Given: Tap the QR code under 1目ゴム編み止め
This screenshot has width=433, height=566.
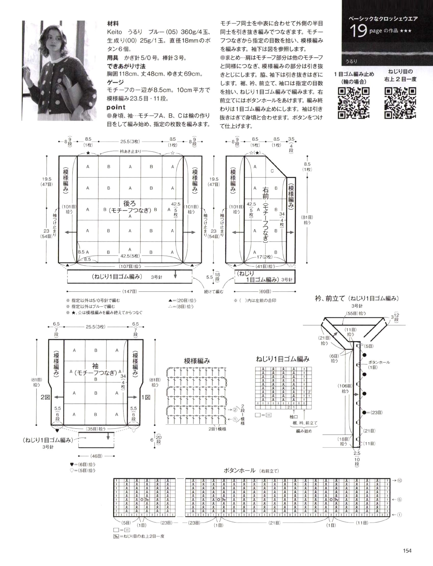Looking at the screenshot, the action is [x=354, y=103].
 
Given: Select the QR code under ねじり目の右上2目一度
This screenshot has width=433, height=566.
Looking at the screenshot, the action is [x=400, y=103].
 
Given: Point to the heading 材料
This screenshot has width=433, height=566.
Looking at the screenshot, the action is [x=113, y=24].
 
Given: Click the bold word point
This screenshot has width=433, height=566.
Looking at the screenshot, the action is [x=116, y=107].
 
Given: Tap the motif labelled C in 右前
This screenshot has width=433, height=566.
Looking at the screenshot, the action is [x=272, y=171].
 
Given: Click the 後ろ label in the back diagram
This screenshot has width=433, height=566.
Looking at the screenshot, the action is [x=130, y=203].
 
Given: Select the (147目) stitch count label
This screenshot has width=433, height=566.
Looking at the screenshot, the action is [x=130, y=291].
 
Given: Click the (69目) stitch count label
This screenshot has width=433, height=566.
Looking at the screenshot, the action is [x=265, y=291].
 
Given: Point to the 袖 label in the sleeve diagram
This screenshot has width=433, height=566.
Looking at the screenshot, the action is [x=95, y=366].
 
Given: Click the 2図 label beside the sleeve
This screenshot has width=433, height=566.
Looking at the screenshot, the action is [x=45, y=397].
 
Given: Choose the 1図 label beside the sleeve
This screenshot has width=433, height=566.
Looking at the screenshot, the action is [x=146, y=397].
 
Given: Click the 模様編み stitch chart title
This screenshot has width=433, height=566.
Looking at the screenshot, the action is [x=197, y=361].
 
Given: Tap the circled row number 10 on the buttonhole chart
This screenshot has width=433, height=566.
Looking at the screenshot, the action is [x=399, y=480].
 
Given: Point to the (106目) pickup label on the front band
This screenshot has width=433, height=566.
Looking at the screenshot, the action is [x=345, y=386].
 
